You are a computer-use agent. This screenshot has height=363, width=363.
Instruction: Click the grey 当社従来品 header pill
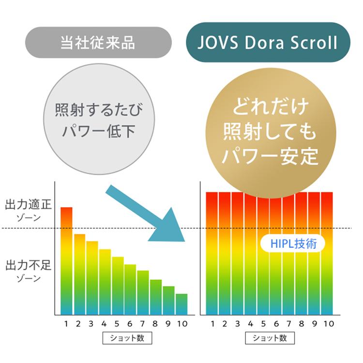98,43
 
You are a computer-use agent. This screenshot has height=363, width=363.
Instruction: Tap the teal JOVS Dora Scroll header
268,43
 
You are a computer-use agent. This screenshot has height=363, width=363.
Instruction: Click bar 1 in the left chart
66,261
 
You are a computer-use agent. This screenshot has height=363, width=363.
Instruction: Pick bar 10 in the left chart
181,304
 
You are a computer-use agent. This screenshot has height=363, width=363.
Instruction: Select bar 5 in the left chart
118,286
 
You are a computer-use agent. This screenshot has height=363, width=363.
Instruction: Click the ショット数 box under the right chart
270,338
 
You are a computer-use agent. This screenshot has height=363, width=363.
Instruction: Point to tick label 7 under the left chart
142,323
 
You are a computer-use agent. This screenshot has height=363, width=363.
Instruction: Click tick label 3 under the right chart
237,323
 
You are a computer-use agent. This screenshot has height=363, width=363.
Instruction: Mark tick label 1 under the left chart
66,323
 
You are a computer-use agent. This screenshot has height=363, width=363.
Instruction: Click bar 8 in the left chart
155,297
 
